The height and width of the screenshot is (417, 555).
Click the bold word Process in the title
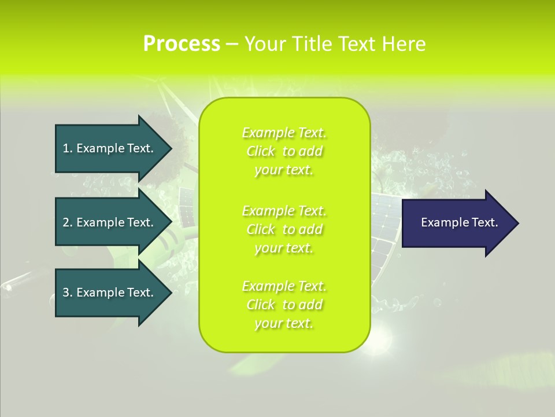click(182, 44)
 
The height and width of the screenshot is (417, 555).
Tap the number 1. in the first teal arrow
click(68, 148)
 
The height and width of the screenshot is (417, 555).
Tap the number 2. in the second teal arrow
click(68, 222)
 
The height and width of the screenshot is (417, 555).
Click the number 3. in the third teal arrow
click(68, 292)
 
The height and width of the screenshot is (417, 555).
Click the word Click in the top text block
click(261, 152)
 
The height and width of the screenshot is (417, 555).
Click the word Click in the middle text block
click(261, 229)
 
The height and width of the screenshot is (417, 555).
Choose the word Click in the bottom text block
click(261, 305)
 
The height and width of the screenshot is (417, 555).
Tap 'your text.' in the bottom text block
click(284, 324)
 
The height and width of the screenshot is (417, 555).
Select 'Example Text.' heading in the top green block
click(284, 133)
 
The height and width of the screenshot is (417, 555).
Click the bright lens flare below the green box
click(382, 339)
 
